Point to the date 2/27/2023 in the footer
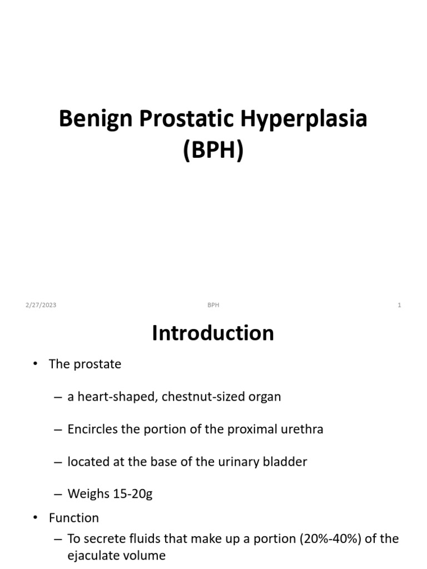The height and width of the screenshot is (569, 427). tap(41, 305)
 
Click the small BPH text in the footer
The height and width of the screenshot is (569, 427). tap(213, 305)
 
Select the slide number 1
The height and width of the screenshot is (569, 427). tap(399, 305)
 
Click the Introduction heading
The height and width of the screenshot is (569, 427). tap(213, 333)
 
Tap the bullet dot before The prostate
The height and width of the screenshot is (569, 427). tap(35, 365)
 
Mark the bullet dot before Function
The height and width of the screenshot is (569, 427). tap(35, 518)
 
